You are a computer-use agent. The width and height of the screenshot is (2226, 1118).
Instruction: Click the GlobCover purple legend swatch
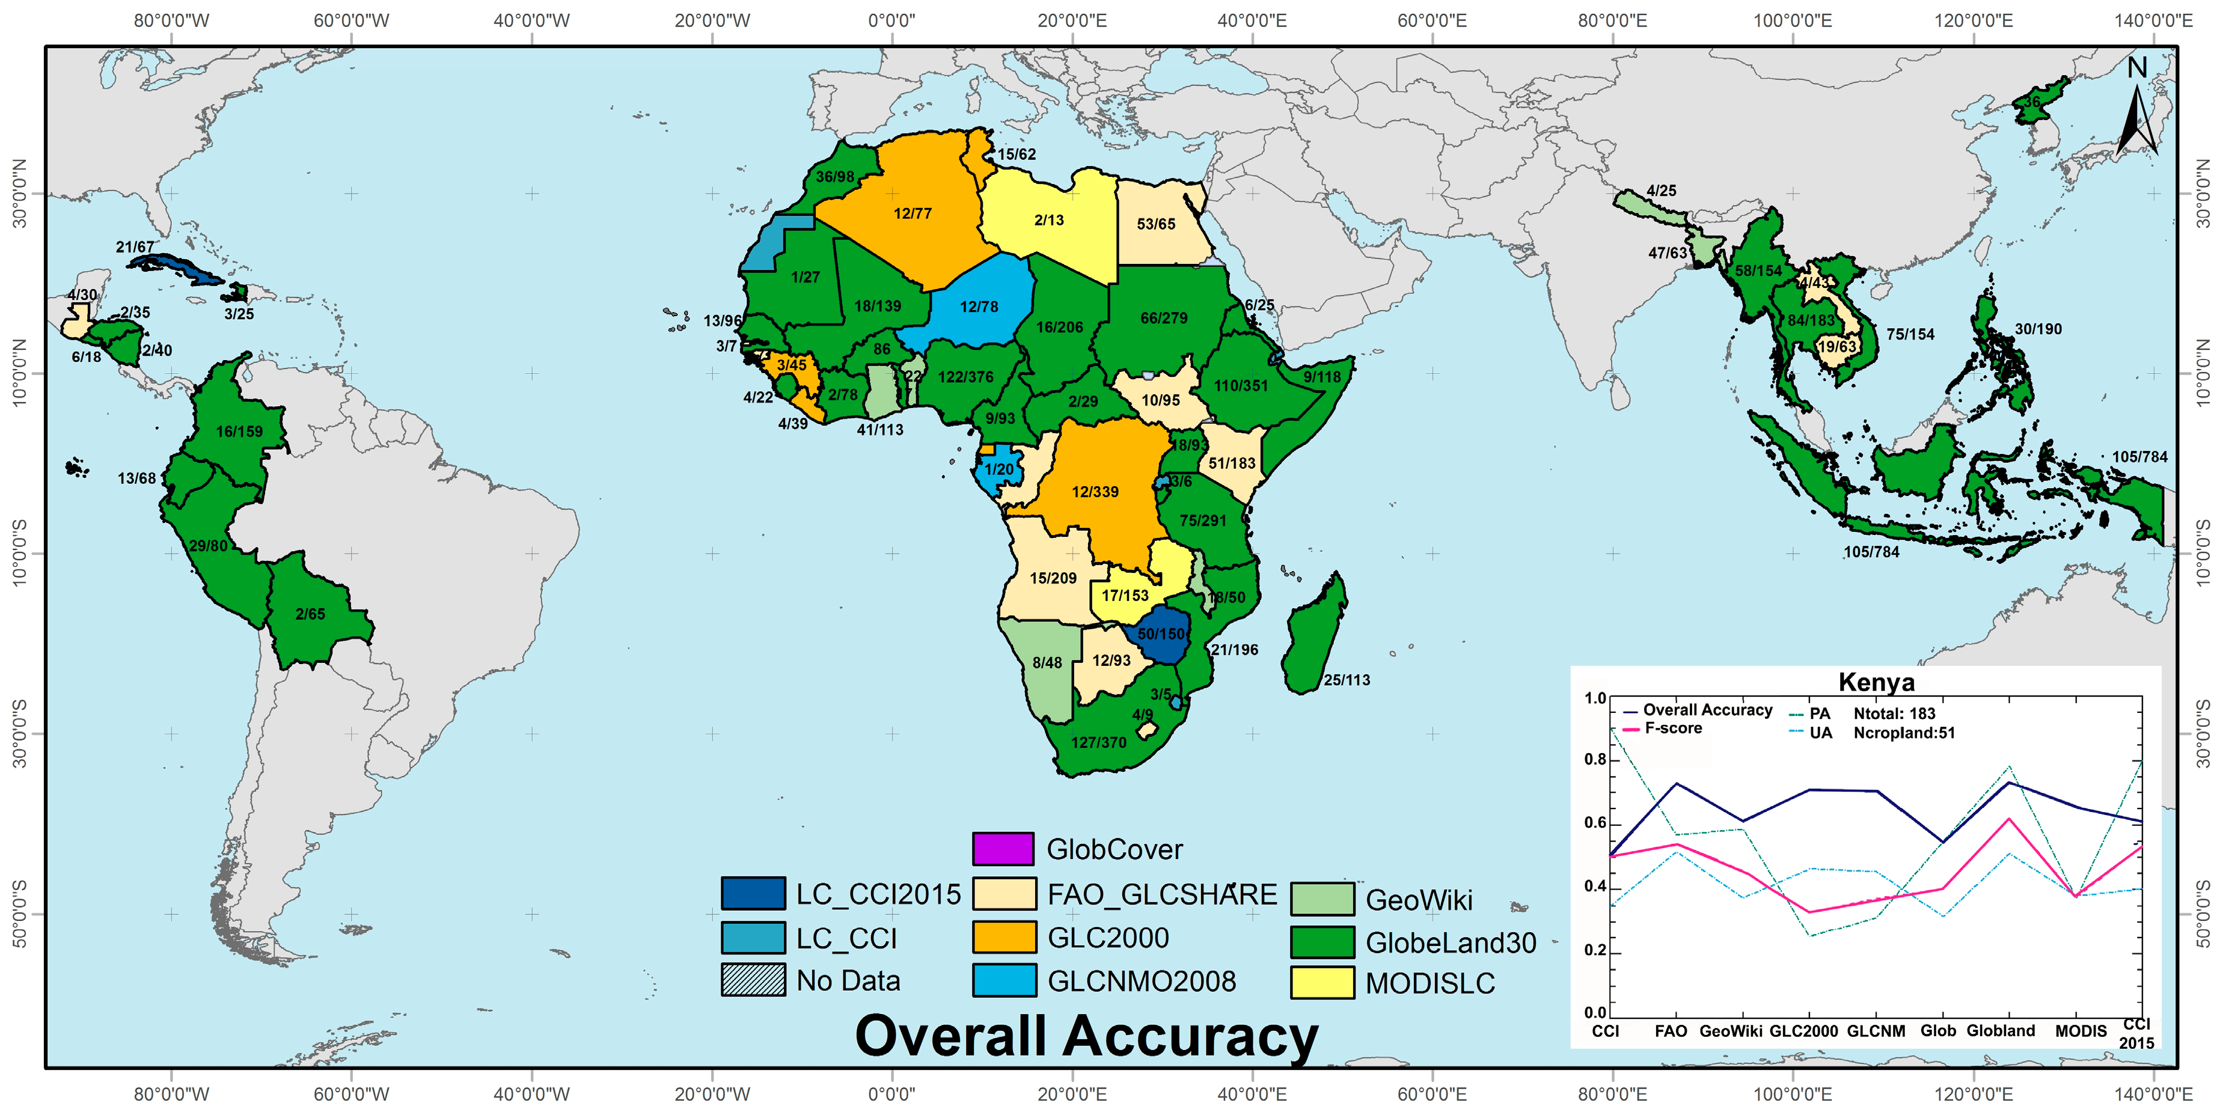(x=1003, y=849)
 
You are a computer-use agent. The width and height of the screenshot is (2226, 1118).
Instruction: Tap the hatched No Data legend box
(x=753, y=980)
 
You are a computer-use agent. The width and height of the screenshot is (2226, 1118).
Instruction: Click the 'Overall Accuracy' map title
(x=1086, y=1036)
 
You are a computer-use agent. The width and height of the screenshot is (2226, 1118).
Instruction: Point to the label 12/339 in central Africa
(x=1095, y=492)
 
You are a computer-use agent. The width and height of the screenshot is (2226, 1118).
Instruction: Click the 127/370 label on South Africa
(x=1098, y=742)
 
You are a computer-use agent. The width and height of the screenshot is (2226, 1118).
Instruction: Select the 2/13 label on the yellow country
(x=1048, y=221)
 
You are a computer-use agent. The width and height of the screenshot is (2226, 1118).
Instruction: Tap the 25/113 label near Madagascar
(x=1347, y=680)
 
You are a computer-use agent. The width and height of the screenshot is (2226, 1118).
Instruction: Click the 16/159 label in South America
(x=239, y=431)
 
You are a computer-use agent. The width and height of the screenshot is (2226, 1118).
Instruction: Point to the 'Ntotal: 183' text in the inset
(x=1894, y=713)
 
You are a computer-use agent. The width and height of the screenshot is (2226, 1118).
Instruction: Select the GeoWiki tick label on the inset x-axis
(x=1730, y=1031)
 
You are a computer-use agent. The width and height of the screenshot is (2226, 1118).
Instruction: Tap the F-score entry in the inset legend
(x=1673, y=729)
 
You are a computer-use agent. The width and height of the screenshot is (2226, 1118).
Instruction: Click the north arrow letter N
(x=2136, y=67)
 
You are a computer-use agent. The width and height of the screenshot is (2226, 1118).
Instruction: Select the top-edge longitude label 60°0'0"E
(x=1432, y=20)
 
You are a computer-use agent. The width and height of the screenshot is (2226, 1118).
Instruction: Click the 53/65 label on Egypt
(x=1155, y=224)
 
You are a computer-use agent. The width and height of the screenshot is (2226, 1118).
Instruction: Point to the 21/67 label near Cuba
(x=135, y=247)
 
